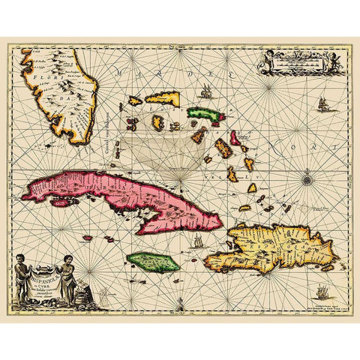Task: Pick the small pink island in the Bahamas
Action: (x=235, y=137)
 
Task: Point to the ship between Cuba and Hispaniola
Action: (x=197, y=241)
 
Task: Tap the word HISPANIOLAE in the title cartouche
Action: (x=47, y=274)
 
